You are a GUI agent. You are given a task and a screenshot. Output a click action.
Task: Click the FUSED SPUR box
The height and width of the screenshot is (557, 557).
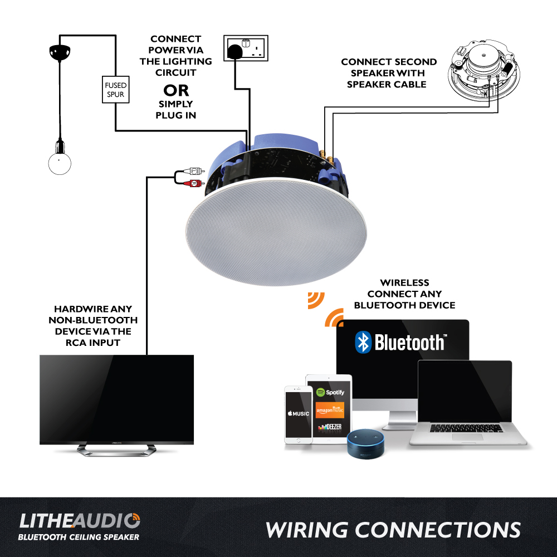116,90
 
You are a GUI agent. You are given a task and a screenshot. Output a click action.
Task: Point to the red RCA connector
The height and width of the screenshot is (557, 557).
192,183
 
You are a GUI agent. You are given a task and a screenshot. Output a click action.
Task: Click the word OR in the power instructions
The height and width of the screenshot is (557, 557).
176,90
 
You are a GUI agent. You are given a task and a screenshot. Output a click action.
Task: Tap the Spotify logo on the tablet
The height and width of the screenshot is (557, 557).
330,392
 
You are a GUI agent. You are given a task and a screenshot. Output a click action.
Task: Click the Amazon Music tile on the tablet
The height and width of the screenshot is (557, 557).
330,411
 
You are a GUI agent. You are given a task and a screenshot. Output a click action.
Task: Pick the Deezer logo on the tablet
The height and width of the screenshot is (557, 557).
330,428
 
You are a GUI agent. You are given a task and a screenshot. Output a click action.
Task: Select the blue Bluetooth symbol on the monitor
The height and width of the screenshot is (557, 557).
363,342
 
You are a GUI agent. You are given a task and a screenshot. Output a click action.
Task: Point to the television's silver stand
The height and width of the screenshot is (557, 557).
116,450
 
